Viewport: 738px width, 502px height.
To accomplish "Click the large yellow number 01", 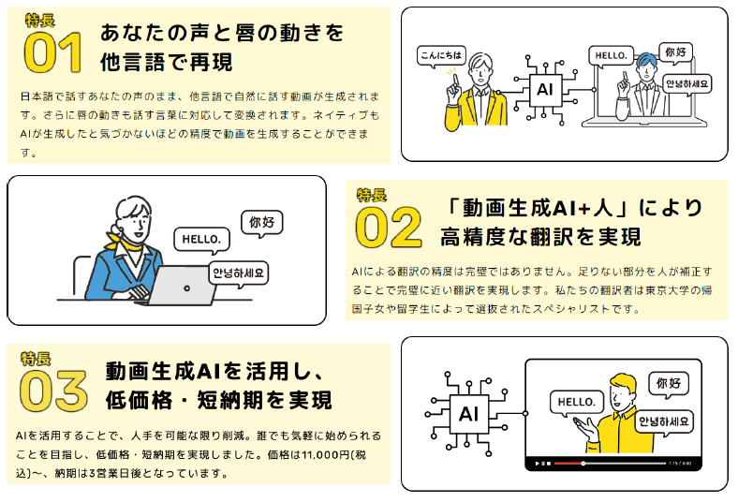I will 55,53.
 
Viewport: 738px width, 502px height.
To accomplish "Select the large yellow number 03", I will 53,391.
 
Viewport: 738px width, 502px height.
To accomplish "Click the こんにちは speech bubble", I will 441,55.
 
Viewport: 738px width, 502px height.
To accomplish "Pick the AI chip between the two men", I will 543,90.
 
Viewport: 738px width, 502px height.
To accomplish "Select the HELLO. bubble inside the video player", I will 576,402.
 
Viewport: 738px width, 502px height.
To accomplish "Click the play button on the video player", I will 537,464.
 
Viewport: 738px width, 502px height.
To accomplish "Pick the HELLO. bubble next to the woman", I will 200,239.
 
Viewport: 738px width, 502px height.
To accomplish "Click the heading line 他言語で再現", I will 166,63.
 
